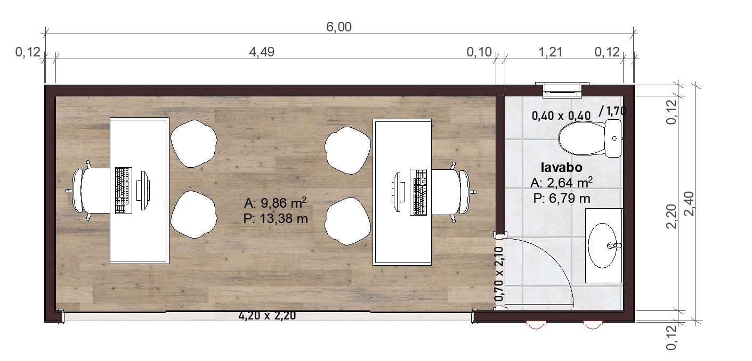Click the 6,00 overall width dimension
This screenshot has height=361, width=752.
(339, 27)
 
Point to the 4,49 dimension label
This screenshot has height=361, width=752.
(262, 52)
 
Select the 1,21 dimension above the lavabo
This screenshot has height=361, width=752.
(550, 52)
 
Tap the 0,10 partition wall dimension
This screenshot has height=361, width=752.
(480, 52)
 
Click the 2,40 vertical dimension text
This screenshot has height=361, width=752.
(689, 203)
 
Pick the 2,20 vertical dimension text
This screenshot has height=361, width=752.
(671, 216)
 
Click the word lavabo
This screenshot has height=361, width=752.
(562, 167)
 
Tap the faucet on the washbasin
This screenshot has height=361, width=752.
(614, 245)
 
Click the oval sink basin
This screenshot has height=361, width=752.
(603, 245)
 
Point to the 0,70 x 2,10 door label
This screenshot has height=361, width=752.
(499, 274)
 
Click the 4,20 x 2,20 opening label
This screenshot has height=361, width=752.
(267, 316)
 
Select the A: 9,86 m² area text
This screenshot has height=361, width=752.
(276, 203)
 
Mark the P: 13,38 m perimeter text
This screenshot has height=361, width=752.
(276, 219)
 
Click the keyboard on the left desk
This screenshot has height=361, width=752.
(123, 190)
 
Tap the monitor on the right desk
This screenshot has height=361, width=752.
(397, 192)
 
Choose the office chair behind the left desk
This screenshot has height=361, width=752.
(91, 190)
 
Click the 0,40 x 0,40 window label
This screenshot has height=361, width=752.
(561, 116)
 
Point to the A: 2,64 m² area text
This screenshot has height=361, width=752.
(561, 183)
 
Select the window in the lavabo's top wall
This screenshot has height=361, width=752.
(562, 89)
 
